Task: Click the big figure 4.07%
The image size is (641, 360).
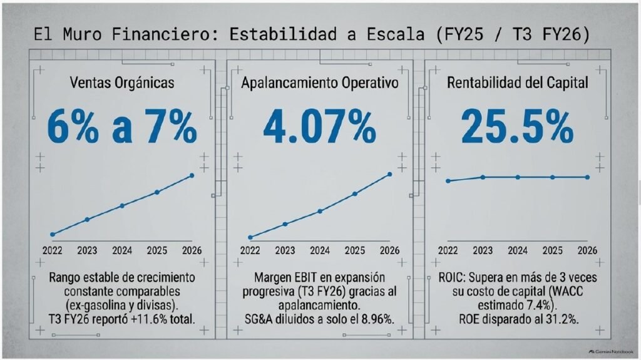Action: click(x=320, y=127)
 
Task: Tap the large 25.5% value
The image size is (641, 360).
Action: click(x=518, y=127)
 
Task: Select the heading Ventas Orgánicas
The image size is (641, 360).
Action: click(x=122, y=83)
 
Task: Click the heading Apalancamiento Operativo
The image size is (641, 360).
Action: click(x=320, y=83)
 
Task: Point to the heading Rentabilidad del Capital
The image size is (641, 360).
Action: click(x=518, y=83)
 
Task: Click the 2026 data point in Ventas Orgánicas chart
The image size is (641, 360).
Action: click(x=192, y=175)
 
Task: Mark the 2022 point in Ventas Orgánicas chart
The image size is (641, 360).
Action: click(x=53, y=234)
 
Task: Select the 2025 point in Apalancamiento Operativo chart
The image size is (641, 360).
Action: click(x=355, y=194)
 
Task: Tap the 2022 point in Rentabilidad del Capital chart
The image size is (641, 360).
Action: click(x=448, y=181)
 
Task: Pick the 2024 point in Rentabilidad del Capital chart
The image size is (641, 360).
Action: click(x=518, y=177)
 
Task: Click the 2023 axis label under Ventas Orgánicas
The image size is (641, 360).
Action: click(x=87, y=250)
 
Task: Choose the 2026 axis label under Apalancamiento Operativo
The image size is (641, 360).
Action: click(x=389, y=250)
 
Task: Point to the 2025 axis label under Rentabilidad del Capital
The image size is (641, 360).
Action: click(x=553, y=250)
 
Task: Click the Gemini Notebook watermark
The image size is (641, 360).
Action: click(x=611, y=351)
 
